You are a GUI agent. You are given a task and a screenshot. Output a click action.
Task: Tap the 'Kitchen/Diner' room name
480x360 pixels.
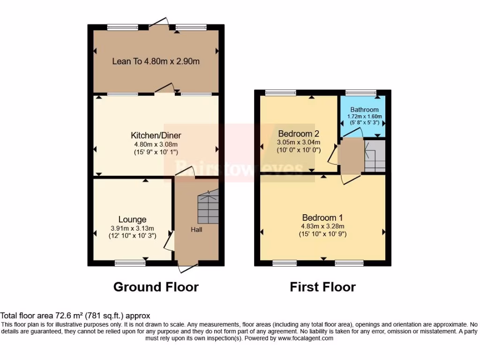[x=154, y=135]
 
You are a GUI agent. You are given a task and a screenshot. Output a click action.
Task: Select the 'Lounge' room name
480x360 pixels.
[x=132, y=219]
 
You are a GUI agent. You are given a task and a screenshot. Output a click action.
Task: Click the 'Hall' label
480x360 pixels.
[x=196, y=230]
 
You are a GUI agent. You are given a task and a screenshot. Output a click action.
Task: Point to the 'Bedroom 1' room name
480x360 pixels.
[x=322, y=217]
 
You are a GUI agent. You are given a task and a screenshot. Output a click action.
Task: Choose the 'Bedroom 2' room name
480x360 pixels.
[x=298, y=133]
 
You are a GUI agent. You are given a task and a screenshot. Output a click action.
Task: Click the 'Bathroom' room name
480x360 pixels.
[x=364, y=110]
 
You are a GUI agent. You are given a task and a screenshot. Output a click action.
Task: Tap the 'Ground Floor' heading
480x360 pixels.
[x=156, y=287]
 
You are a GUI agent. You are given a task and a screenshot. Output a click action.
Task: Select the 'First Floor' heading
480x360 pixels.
[x=322, y=287]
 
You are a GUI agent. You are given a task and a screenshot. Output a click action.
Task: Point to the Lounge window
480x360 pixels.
[x=129, y=263]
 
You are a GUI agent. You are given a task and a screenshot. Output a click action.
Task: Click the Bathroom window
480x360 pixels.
[x=361, y=92]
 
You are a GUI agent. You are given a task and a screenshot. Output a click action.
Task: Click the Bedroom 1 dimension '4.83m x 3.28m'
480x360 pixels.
[x=322, y=226]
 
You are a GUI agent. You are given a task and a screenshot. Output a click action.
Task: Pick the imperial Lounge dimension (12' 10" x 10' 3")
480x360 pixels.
[x=132, y=236]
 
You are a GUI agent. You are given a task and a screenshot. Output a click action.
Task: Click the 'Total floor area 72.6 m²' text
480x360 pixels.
[x=75, y=316]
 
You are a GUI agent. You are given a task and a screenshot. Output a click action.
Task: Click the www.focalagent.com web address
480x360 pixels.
[x=305, y=338]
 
